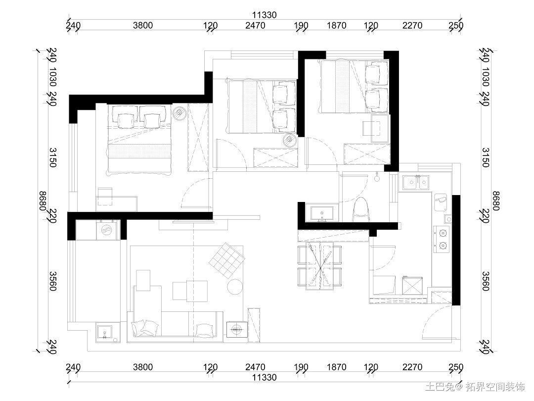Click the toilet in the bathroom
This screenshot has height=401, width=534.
point(361,209)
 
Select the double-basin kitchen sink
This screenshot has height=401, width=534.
point(416,182)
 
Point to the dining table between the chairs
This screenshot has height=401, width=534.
point(320,266)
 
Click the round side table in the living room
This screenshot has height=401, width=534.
point(235,287)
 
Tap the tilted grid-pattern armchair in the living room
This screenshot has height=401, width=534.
point(227,260)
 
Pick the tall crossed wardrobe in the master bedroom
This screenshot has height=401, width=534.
point(198,137)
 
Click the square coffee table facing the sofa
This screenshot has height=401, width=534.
point(190,291)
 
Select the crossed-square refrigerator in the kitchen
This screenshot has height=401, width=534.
point(412,286)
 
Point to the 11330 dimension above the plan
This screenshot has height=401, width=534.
point(264,15)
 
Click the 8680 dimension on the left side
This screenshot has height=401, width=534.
point(43,201)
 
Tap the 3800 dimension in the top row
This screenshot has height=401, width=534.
point(143,25)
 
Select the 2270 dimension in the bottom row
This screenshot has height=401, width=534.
point(412,367)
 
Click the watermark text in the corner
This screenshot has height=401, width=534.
point(475,387)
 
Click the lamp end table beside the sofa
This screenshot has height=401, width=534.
point(237,329)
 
